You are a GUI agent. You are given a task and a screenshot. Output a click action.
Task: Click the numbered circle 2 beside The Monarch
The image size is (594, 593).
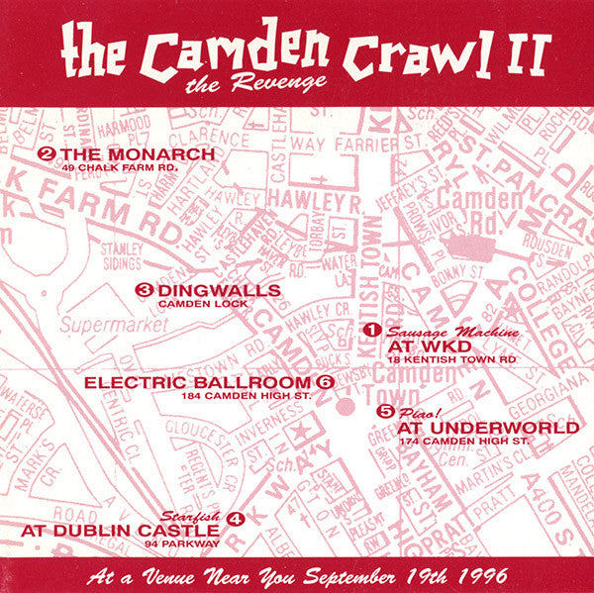click(45, 154)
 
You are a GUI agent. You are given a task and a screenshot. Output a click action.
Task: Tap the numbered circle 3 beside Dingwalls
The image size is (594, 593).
click(144, 290)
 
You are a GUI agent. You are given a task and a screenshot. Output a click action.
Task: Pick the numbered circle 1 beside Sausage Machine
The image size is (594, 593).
click(372, 329)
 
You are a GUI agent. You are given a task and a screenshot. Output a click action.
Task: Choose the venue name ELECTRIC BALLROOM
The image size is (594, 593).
click(198, 382)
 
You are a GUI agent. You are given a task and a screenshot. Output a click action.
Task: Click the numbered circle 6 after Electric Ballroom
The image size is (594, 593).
click(324, 382)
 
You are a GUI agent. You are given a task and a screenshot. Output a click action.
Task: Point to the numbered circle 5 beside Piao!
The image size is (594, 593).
click(384, 411)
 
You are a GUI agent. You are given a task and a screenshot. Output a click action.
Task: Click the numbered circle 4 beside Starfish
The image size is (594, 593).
click(234, 517)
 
